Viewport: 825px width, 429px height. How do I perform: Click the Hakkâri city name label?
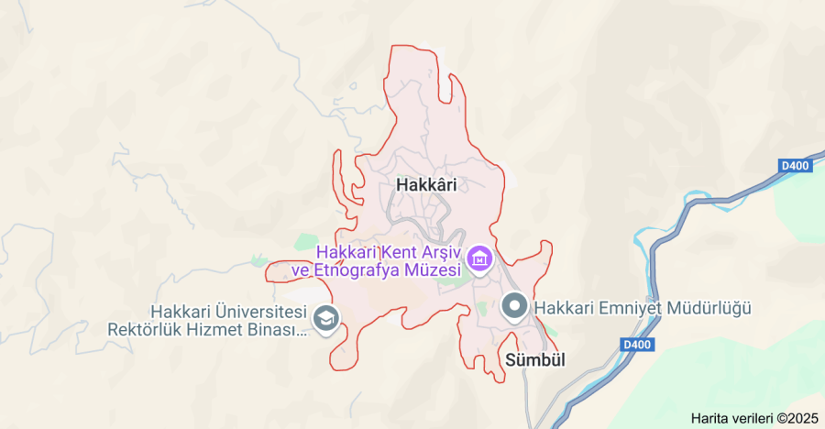426,184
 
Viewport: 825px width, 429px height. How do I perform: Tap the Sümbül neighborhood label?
534,360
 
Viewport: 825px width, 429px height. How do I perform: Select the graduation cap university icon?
324,319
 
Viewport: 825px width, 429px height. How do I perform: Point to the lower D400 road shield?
635,344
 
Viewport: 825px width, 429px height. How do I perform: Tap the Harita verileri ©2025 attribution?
753,418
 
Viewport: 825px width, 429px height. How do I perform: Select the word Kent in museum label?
399,251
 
